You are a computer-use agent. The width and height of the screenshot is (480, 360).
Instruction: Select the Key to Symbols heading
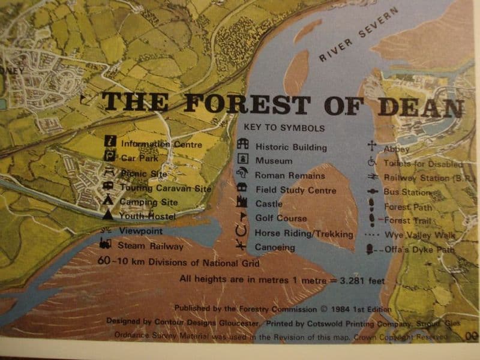point(284,128)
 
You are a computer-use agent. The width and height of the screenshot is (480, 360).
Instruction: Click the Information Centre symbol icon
point(110,142)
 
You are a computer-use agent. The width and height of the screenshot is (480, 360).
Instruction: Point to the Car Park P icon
point(110,157)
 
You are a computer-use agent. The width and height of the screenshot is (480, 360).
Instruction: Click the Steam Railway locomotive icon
point(106,244)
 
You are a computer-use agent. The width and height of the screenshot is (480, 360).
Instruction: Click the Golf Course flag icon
point(243,217)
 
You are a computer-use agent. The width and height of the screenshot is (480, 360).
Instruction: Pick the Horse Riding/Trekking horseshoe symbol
point(241,231)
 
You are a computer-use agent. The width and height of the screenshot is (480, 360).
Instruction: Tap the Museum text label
point(274,161)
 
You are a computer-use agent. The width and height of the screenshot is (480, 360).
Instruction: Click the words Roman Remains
point(289,176)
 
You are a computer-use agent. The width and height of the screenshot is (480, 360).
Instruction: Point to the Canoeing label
point(275,247)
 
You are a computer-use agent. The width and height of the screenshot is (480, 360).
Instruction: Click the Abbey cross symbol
point(372,146)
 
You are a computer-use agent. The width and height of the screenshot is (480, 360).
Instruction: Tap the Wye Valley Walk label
point(419,235)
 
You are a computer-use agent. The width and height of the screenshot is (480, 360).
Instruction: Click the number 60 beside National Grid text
point(103,261)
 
